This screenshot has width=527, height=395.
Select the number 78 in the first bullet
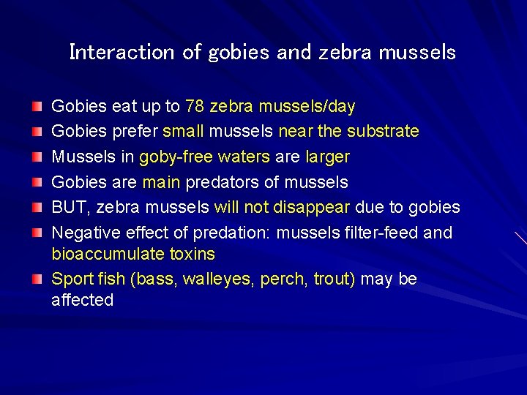click(x=195, y=107)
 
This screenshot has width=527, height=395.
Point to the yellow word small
click(x=183, y=132)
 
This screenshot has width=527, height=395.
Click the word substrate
click(x=383, y=132)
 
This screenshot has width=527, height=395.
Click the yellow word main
click(x=161, y=182)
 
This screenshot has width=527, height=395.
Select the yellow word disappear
click(x=311, y=208)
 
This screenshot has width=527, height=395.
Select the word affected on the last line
click(x=82, y=300)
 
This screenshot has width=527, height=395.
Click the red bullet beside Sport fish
click(x=37, y=279)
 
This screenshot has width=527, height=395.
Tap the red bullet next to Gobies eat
click(x=37, y=107)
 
